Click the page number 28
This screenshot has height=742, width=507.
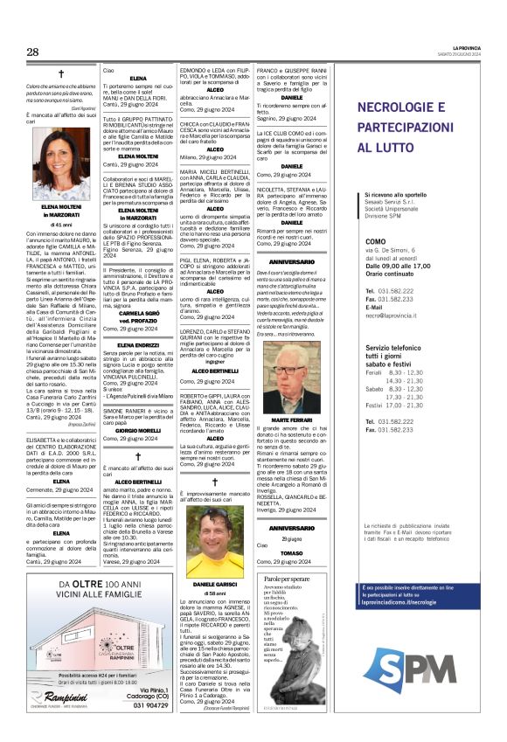33,52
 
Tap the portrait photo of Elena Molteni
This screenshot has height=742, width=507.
61,163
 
